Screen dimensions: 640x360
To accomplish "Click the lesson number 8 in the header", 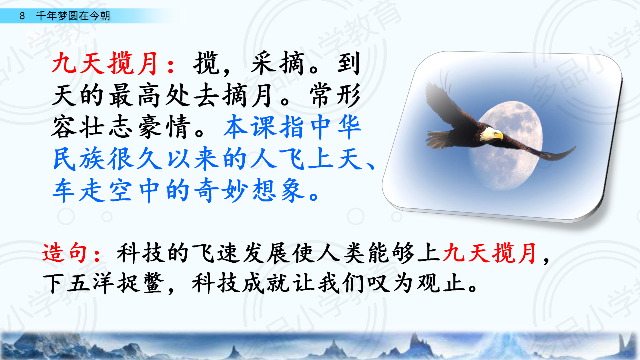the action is coord(22,16).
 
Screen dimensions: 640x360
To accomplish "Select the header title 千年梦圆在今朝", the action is coord(73,16).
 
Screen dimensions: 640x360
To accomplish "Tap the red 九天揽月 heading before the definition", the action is coord(105,63).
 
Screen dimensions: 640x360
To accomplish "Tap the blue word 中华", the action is coord(335,127).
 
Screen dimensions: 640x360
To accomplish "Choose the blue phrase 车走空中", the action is coord(106,190).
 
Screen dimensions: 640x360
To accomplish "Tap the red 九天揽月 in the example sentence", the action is coord(489,253).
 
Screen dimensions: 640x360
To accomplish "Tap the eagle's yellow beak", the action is coord(500,136).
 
